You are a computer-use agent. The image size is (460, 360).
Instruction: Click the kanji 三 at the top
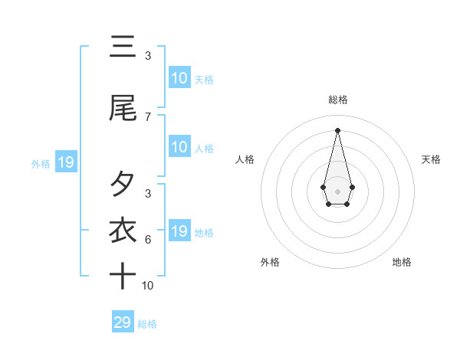(x=122, y=47)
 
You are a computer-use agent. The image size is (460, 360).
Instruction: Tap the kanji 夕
(x=122, y=185)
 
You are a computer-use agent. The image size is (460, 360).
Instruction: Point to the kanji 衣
(x=122, y=230)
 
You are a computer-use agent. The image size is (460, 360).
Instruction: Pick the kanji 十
(x=122, y=276)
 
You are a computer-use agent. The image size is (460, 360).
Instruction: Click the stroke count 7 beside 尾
(x=148, y=117)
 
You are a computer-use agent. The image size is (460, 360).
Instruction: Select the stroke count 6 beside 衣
(x=148, y=240)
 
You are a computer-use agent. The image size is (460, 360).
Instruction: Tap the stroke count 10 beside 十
(x=148, y=286)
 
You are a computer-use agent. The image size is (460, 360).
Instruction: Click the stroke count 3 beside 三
(x=148, y=56)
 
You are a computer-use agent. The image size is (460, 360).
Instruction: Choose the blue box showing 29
(x=122, y=322)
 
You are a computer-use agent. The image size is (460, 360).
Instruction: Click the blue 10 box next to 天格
(x=179, y=78)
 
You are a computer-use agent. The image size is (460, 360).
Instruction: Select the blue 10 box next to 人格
(x=179, y=147)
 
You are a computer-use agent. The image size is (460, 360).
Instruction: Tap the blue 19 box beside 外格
(x=65, y=162)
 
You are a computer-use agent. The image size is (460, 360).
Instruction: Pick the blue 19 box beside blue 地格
(x=179, y=231)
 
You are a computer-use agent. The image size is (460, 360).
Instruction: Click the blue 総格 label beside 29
(x=147, y=324)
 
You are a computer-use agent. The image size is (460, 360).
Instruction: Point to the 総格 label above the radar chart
(x=337, y=100)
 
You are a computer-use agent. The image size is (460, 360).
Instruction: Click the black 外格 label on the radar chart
(x=270, y=262)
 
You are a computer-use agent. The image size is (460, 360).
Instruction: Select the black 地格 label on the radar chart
(x=402, y=262)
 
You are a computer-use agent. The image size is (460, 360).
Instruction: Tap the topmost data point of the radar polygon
(x=337, y=129)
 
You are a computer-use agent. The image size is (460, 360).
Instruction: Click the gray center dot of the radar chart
(x=337, y=190)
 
